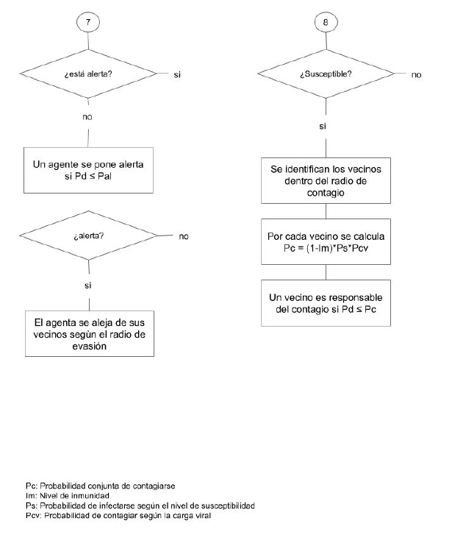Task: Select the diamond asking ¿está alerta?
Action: (88, 74)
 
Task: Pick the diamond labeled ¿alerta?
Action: (88, 237)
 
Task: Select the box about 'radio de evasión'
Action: (88, 336)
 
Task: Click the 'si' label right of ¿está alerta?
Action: (178, 74)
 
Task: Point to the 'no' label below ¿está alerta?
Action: (88, 116)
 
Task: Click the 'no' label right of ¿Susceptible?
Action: (416, 74)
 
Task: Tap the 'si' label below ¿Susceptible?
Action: (323, 127)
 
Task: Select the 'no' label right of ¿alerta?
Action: (184, 237)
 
